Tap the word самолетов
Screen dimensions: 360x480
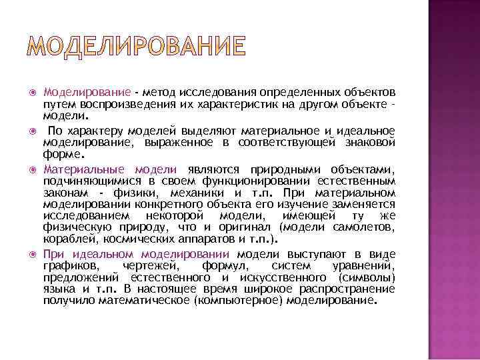tap(367, 228)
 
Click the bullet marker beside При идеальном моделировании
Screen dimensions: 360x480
tap(31, 255)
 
